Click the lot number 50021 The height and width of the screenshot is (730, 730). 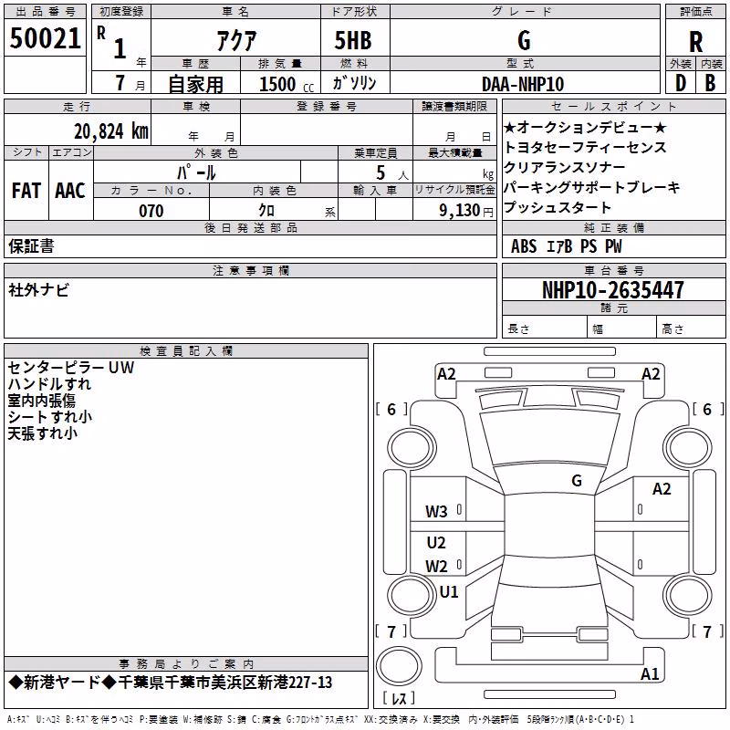click(x=45, y=38)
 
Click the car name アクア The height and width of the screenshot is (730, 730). click(x=236, y=40)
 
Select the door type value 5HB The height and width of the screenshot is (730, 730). click(x=353, y=40)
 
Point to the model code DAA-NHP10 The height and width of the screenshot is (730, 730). click(x=523, y=84)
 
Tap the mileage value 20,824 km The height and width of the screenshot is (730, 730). click(x=111, y=131)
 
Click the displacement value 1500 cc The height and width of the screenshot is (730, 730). click(x=287, y=84)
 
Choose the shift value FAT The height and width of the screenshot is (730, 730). click(x=26, y=191)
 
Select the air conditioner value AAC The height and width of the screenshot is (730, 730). click(x=70, y=191)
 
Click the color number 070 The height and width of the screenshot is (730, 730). click(x=151, y=211)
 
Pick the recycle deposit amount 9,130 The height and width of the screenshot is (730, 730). click(x=460, y=211)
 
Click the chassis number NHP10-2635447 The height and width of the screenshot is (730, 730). click(x=613, y=290)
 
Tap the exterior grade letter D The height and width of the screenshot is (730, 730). click(x=681, y=83)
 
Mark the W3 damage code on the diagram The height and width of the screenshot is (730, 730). click(x=436, y=512)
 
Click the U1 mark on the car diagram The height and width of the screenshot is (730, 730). click(x=449, y=591)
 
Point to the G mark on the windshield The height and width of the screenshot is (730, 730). click(x=577, y=481)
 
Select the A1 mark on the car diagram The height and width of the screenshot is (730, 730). click(x=650, y=673)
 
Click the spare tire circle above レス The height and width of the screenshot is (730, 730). click(x=399, y=666)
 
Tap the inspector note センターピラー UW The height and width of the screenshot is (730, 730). click(x=71, y=368)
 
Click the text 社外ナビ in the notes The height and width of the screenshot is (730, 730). click(x=38, y=290)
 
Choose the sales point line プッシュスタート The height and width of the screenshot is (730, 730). click(x=558, y=207)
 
